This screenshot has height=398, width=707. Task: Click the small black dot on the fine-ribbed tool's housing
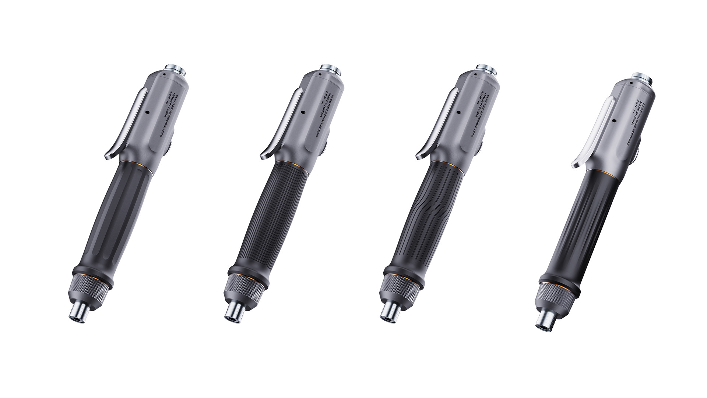coord(302,113)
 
